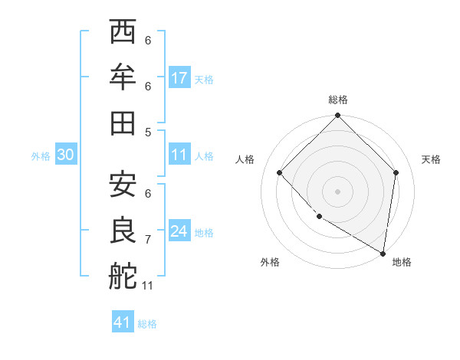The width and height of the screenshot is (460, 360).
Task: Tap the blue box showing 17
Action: click(x=179, y=78)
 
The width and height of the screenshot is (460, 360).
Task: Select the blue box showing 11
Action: click(x=179, y=155)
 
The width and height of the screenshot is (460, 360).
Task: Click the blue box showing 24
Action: click(x=179, y=231)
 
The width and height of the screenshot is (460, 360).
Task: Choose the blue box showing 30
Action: click(x=66, y=155)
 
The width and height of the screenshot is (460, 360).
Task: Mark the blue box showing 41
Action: click(x=123, y=322)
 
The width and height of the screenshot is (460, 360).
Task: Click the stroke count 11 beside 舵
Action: click(x=148, y=286)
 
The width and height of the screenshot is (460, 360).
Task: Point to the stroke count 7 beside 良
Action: click(x=148, y=240)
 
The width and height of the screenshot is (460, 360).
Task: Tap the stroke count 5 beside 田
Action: click(x=148, y=132)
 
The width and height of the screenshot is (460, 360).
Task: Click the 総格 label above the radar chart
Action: click(x=338, y=100)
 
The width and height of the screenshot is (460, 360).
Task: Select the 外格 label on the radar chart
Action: click(x=270, y=262)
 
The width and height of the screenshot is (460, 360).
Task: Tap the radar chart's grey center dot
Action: click(x=338, y=191)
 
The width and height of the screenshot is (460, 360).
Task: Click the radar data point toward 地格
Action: click(x=382, y=252)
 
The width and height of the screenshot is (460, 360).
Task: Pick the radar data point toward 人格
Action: click(x=280, y=172)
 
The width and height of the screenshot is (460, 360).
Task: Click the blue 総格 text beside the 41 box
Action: click(x=147, y=324)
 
